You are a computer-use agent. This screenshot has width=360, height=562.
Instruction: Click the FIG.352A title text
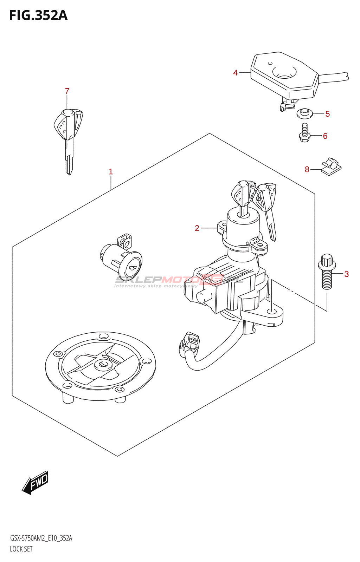pos(38,15)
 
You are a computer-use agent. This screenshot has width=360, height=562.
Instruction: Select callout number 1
pos(111,172)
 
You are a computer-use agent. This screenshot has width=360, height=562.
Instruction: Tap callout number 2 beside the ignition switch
pos(197,228)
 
